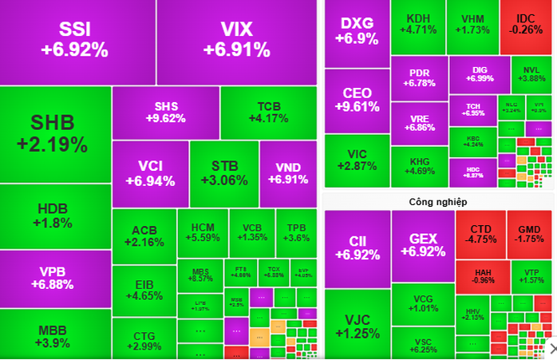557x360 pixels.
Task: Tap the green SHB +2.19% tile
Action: coord(54,133)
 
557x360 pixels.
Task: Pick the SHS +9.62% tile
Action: coord(165,113)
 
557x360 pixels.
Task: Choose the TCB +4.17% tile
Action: coord(268,113)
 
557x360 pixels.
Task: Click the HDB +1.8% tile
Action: coord(54,216)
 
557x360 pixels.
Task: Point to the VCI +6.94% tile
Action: coord(150,173)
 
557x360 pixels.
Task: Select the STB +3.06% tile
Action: coord(224,173)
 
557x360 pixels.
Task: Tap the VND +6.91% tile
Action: coord(288,173)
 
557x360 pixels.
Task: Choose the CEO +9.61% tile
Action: coord(357,100)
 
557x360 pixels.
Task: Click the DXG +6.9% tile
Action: coord(357,30)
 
